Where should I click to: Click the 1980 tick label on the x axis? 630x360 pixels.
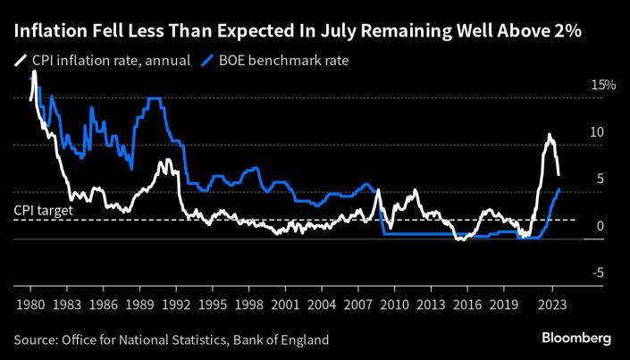[x=30, y=303]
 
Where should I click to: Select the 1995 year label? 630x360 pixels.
[x=212, y=303]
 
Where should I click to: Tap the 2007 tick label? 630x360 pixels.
[x=358, y=303]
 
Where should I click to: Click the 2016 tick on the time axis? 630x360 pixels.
[x=467, y=303]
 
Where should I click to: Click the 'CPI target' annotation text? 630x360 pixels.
[x=43, y=210]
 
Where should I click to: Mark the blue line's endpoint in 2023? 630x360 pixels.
[x=559, y=189]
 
